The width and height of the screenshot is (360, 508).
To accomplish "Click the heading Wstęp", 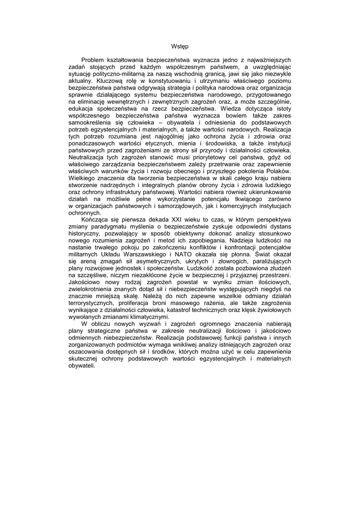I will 180,46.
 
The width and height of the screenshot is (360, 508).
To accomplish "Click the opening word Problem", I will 94,60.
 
